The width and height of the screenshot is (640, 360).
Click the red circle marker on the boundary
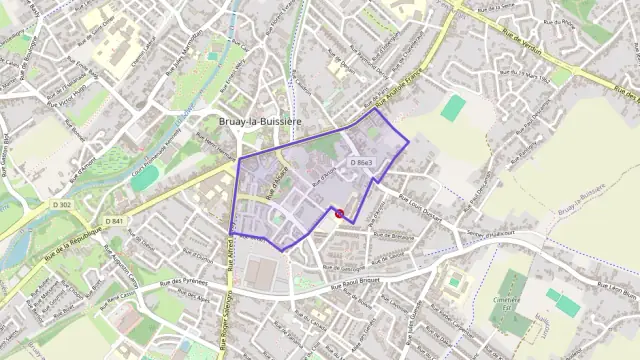point(339,213)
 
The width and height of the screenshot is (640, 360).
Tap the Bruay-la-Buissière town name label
point(259,122)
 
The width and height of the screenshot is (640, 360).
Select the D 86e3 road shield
point(361,162)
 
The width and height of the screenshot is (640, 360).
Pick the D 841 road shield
point(113,221)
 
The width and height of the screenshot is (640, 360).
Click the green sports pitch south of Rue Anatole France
point(454,107)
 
